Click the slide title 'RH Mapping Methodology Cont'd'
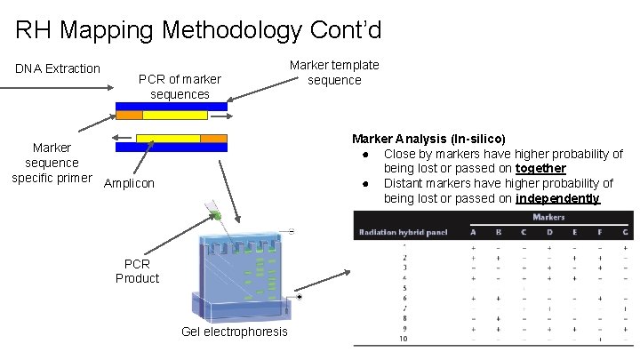coord(198,31)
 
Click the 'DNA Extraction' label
coord(58,68)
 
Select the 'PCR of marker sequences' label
coord(180,86)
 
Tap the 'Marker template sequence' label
coord(334,72)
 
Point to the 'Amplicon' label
coord(129,183)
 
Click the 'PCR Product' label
coord(137,271)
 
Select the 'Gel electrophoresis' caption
coord(234,331)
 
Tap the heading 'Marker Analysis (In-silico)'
coord(428,139)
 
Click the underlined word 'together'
coord(540,168)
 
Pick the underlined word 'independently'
coord(557,197)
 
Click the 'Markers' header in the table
coord(548,217)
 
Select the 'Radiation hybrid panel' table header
coord(403,232)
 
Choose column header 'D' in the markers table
coord(548,232)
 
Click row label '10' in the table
coord(403,339)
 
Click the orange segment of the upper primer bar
coord(130,116)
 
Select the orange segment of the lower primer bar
coord(213,138)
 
